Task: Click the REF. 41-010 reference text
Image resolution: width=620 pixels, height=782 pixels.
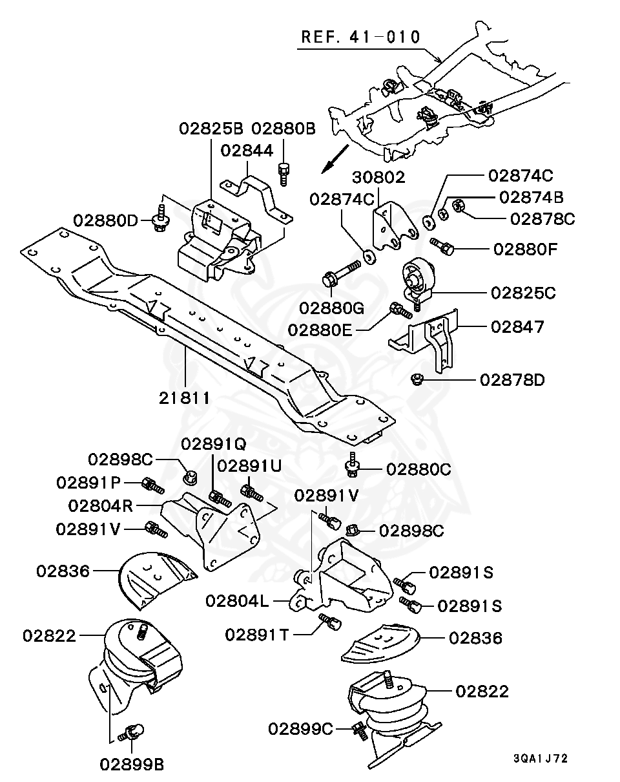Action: [360, 37]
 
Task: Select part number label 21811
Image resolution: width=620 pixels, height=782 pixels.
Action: [185, 398]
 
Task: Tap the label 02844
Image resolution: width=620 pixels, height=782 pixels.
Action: [247, 151]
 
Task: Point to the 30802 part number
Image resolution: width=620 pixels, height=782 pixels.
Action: [378, 177]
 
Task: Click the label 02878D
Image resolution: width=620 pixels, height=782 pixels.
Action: [513, 380]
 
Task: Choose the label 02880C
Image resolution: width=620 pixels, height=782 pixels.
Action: [418, 469]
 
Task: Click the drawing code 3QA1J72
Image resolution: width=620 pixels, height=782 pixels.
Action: [541, 758]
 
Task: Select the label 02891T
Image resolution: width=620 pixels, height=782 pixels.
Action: [257, 635]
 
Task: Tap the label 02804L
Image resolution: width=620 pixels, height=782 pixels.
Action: [237, 601]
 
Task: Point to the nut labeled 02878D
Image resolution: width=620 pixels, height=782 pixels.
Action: [416, 379]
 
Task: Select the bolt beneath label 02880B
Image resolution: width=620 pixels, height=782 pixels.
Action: [284, 174]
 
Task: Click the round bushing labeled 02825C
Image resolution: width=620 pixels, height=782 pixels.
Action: [417, 279]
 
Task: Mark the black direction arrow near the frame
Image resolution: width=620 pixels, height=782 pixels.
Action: [335, 159]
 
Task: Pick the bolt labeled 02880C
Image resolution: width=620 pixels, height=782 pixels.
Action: [351, 465]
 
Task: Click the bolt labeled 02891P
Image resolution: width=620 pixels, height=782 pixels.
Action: [153, 485]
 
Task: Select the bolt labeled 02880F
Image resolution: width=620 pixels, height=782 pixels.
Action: [442, 247]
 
